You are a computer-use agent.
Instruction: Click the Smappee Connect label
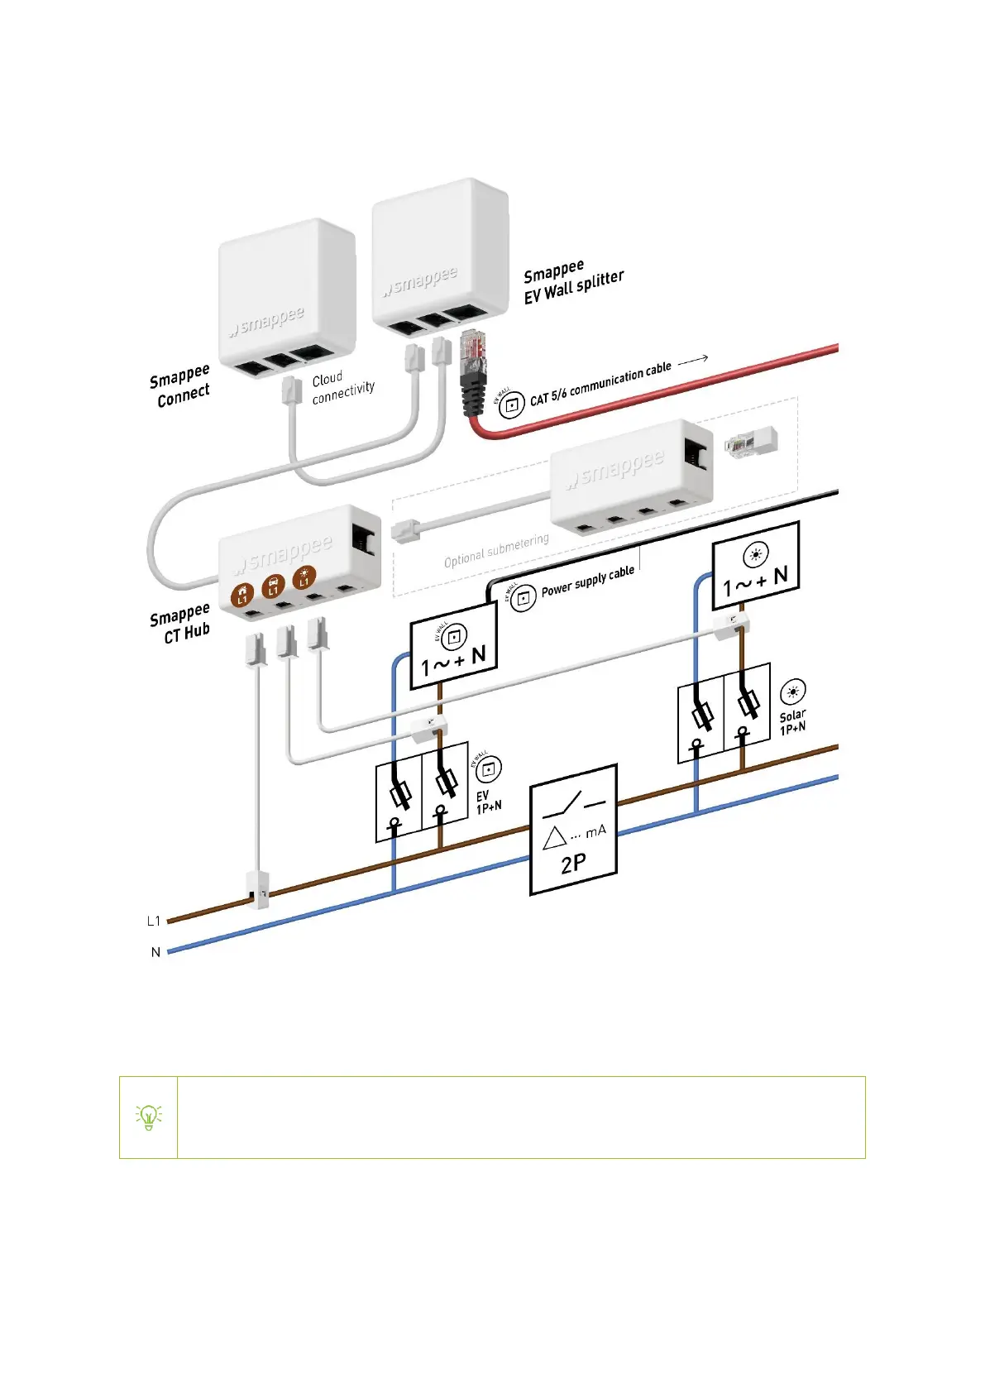click(180, 385)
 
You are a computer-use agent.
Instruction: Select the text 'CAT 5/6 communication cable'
click(600, 384)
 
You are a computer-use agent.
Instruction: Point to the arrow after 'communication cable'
click(693, 359)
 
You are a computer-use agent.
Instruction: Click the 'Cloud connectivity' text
click(342, 387)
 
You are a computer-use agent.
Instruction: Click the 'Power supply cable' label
click(587, 582)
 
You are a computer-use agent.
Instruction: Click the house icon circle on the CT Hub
click(242, 594)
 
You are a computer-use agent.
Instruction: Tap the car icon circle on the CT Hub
click(273, 586)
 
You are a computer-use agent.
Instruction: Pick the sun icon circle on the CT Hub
click(304, 577)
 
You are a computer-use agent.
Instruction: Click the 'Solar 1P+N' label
click(792, 720)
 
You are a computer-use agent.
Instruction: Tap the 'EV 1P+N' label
click(488, 801)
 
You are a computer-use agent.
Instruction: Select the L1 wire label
click(153, 921)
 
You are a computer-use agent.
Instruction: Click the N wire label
click(155, 952)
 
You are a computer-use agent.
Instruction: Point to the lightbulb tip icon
click(149, 1117)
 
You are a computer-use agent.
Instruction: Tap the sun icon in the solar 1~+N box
click(756, 554)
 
